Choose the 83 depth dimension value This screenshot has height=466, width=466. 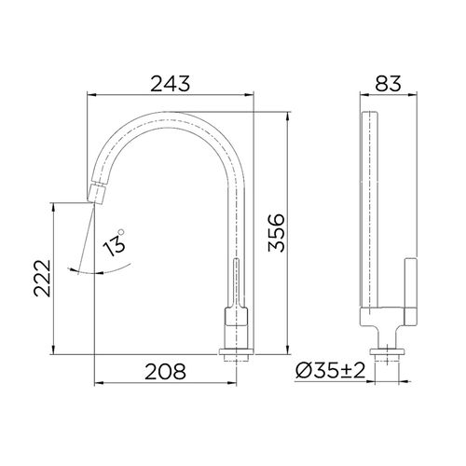click(384, 83)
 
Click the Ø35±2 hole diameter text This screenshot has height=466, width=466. click(332, 370)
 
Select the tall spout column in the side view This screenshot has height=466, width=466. click(371, 214)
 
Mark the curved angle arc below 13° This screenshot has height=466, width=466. click(103, 270)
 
